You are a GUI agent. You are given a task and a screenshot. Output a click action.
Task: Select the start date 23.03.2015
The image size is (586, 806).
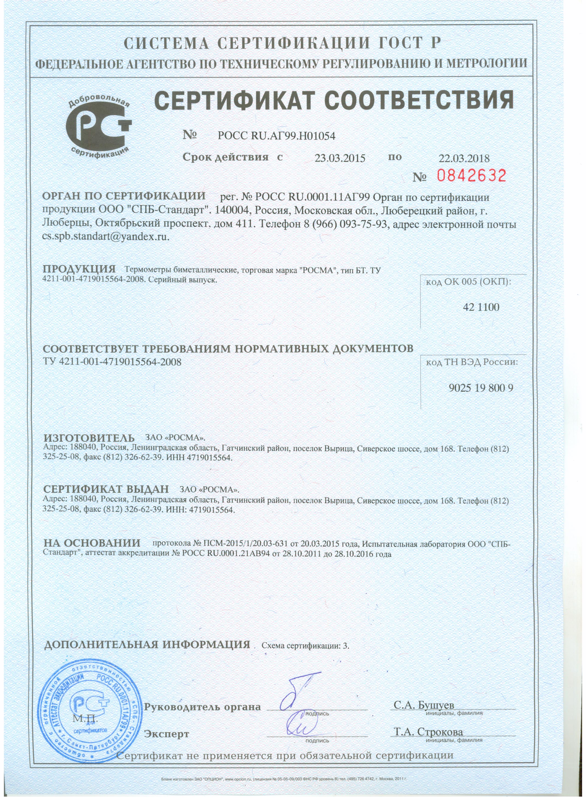pyautogui.click(x=340, y=158)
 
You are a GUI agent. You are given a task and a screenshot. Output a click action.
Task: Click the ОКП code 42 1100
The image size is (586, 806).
pyautogui.click(x=481, y=307)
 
